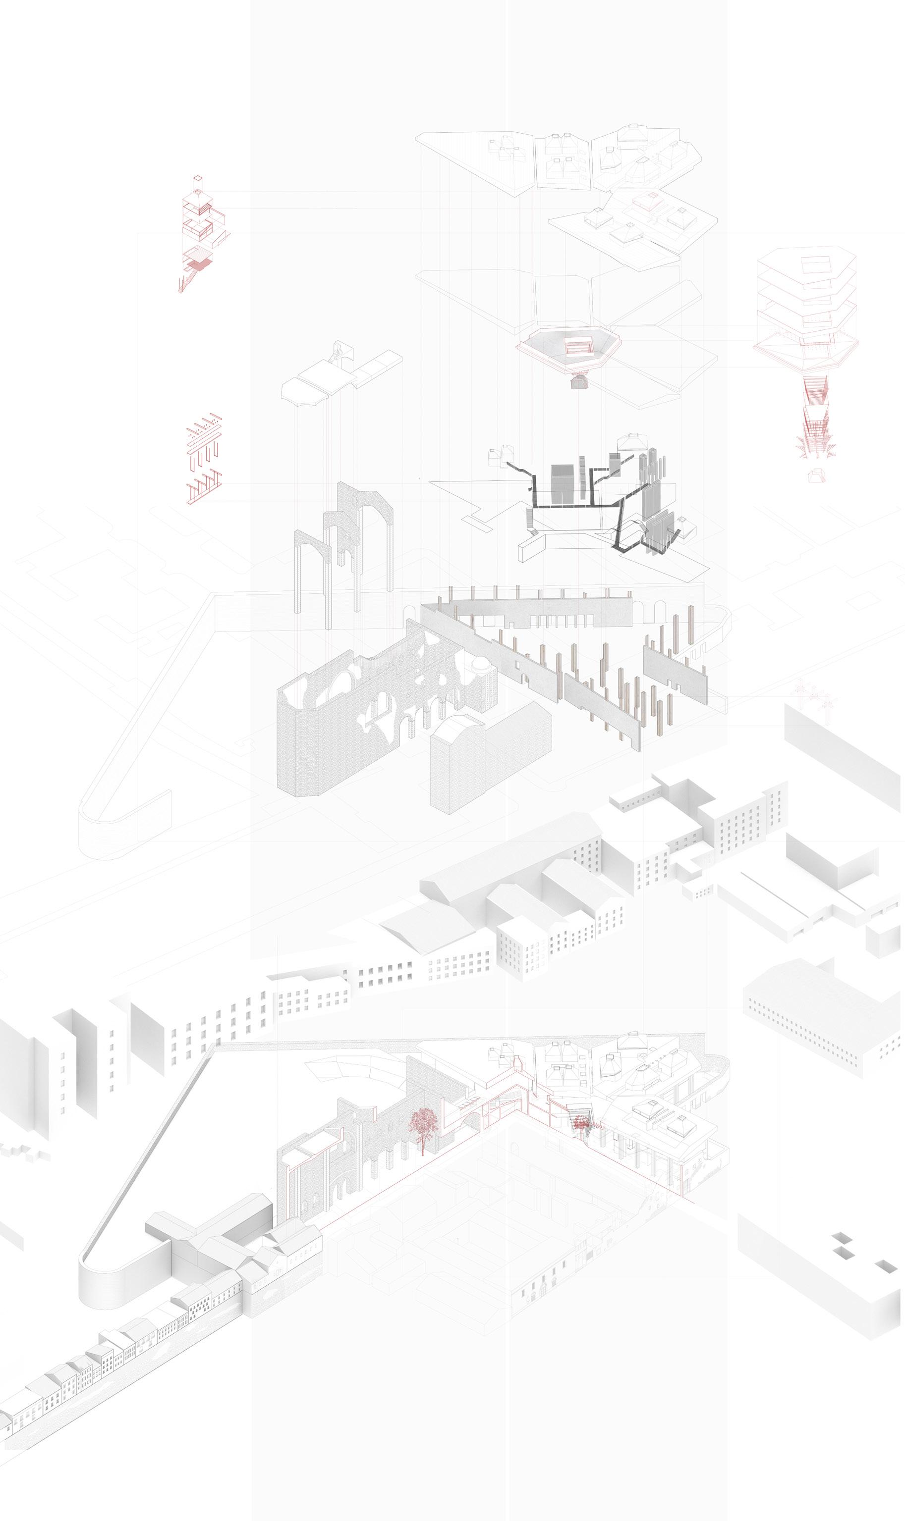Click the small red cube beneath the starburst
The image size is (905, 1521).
point(815,473)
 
